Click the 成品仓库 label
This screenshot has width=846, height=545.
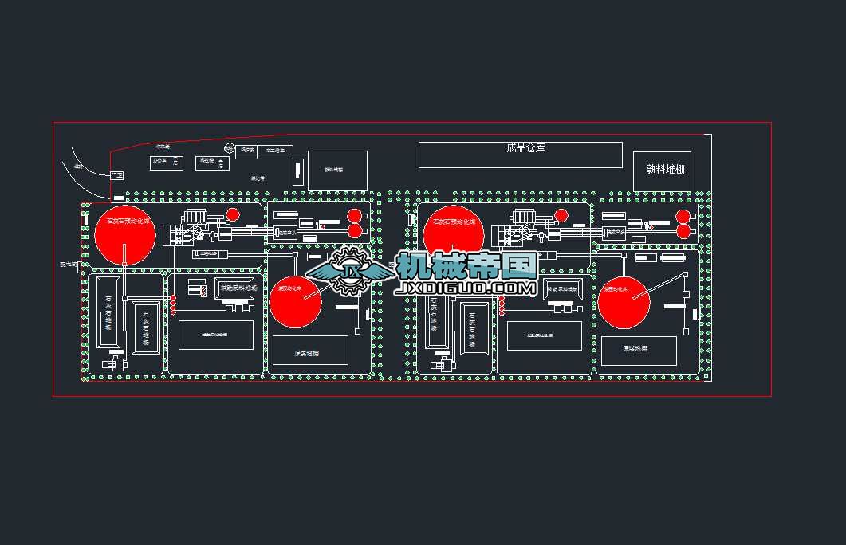click(525, 148)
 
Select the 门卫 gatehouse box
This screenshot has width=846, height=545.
click(116, 175)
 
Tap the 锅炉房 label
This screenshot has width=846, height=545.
click(247, 150)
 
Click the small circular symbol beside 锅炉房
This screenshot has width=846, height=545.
click(229, 149)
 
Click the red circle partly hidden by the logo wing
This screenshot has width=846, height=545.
click(295, 300)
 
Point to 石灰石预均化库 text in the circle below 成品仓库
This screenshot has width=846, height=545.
click(454, 221)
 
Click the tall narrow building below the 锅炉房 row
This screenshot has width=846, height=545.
click(297, 172)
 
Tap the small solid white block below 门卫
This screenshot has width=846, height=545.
click(119, 198)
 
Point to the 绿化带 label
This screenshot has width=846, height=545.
click(257, 178)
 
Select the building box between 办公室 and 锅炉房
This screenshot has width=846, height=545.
click(212, 163)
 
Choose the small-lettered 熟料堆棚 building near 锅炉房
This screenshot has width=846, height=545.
click(337, 170)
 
